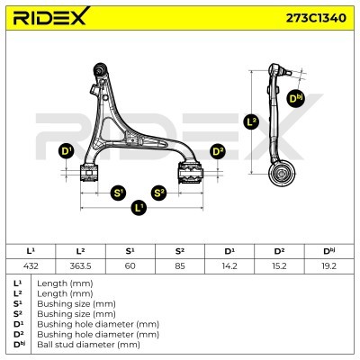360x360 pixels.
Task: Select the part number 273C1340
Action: pos(316,18)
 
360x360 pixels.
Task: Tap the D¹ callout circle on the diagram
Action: pos(66,151)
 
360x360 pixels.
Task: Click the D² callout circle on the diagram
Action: pos(218,151)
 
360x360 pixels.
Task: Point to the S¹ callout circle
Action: pos(118,193)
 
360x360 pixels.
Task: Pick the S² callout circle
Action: pos(158,193)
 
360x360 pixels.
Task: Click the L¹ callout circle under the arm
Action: pos(139,207)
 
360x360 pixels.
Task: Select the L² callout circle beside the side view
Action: pos(251,121)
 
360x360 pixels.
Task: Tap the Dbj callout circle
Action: pos(295,99)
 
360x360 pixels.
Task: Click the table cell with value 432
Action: pos(31,266)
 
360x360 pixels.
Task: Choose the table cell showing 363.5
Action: pos(80,266)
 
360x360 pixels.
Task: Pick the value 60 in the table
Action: pos(130,266)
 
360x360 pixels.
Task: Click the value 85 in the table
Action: pos(180,266)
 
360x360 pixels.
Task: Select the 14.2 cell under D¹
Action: pos(229,266)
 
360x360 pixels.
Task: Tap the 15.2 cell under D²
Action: pos(279,266)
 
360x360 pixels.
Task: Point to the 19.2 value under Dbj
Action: pos(329,266)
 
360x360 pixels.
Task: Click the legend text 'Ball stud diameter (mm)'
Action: pos(88,345)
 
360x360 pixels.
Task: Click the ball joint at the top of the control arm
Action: pos(100,69)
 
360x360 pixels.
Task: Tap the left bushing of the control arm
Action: pos(89,173)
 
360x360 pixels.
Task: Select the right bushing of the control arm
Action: pos(191,173)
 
